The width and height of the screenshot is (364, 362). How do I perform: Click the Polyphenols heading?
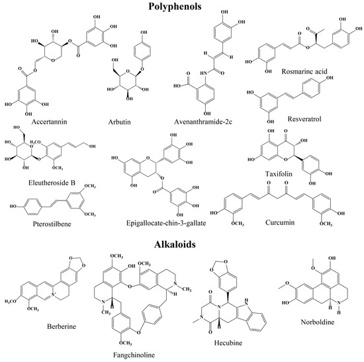pos(175,7)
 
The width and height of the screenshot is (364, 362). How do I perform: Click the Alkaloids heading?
pos(175,244)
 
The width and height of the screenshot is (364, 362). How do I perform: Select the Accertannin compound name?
pos(49,122)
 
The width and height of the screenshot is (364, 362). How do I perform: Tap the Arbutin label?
pos(119,122)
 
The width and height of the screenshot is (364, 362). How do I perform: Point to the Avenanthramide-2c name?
pos(203,122)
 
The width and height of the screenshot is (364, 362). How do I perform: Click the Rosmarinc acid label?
pos(304,71)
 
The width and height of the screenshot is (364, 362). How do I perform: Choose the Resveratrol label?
pos(304,119)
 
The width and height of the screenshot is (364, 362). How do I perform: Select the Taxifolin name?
pos(279,173)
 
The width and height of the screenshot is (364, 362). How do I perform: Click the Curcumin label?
pos(280,222)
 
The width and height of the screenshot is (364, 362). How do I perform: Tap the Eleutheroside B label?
pos(52,183)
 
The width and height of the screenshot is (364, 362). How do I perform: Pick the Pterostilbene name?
pos(52,224)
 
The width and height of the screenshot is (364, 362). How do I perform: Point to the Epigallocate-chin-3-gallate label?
pos(166,223)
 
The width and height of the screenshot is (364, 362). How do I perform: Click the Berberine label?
pos(62,326)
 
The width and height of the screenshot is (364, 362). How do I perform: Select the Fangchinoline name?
pos(134,355)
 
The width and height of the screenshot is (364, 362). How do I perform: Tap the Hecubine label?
pos(228,343)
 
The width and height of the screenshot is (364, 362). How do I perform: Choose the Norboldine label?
pos(318,322)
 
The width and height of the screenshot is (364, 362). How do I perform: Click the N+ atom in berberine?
pos(54,294)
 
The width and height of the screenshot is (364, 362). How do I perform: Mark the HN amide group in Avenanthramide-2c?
pos(203,73)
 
